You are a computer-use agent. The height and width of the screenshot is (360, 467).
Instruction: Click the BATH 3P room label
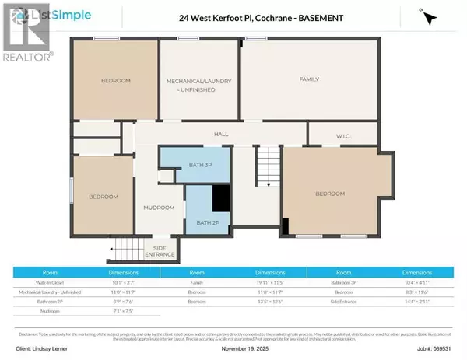(x=195, y=163)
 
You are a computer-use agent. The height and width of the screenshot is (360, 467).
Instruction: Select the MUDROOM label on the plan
(x=158, y=208)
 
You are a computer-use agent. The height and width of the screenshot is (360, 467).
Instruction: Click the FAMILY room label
(x=311, y=79)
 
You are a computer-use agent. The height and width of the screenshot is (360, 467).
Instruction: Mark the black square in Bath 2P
(x=222, y=197)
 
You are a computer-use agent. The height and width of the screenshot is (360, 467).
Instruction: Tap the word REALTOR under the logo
(x=27, y=56)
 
